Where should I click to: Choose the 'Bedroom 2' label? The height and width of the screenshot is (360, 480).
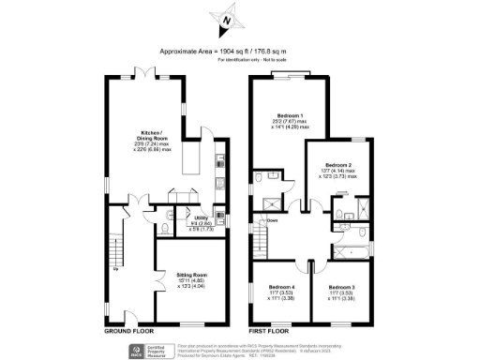pyautogui.click(x=337, y=165)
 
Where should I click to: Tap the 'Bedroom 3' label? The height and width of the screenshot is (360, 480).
pyautogui.click(x=340, y=287)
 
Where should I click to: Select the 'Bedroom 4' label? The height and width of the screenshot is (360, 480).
pyautogui.click(x=281, y=287)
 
